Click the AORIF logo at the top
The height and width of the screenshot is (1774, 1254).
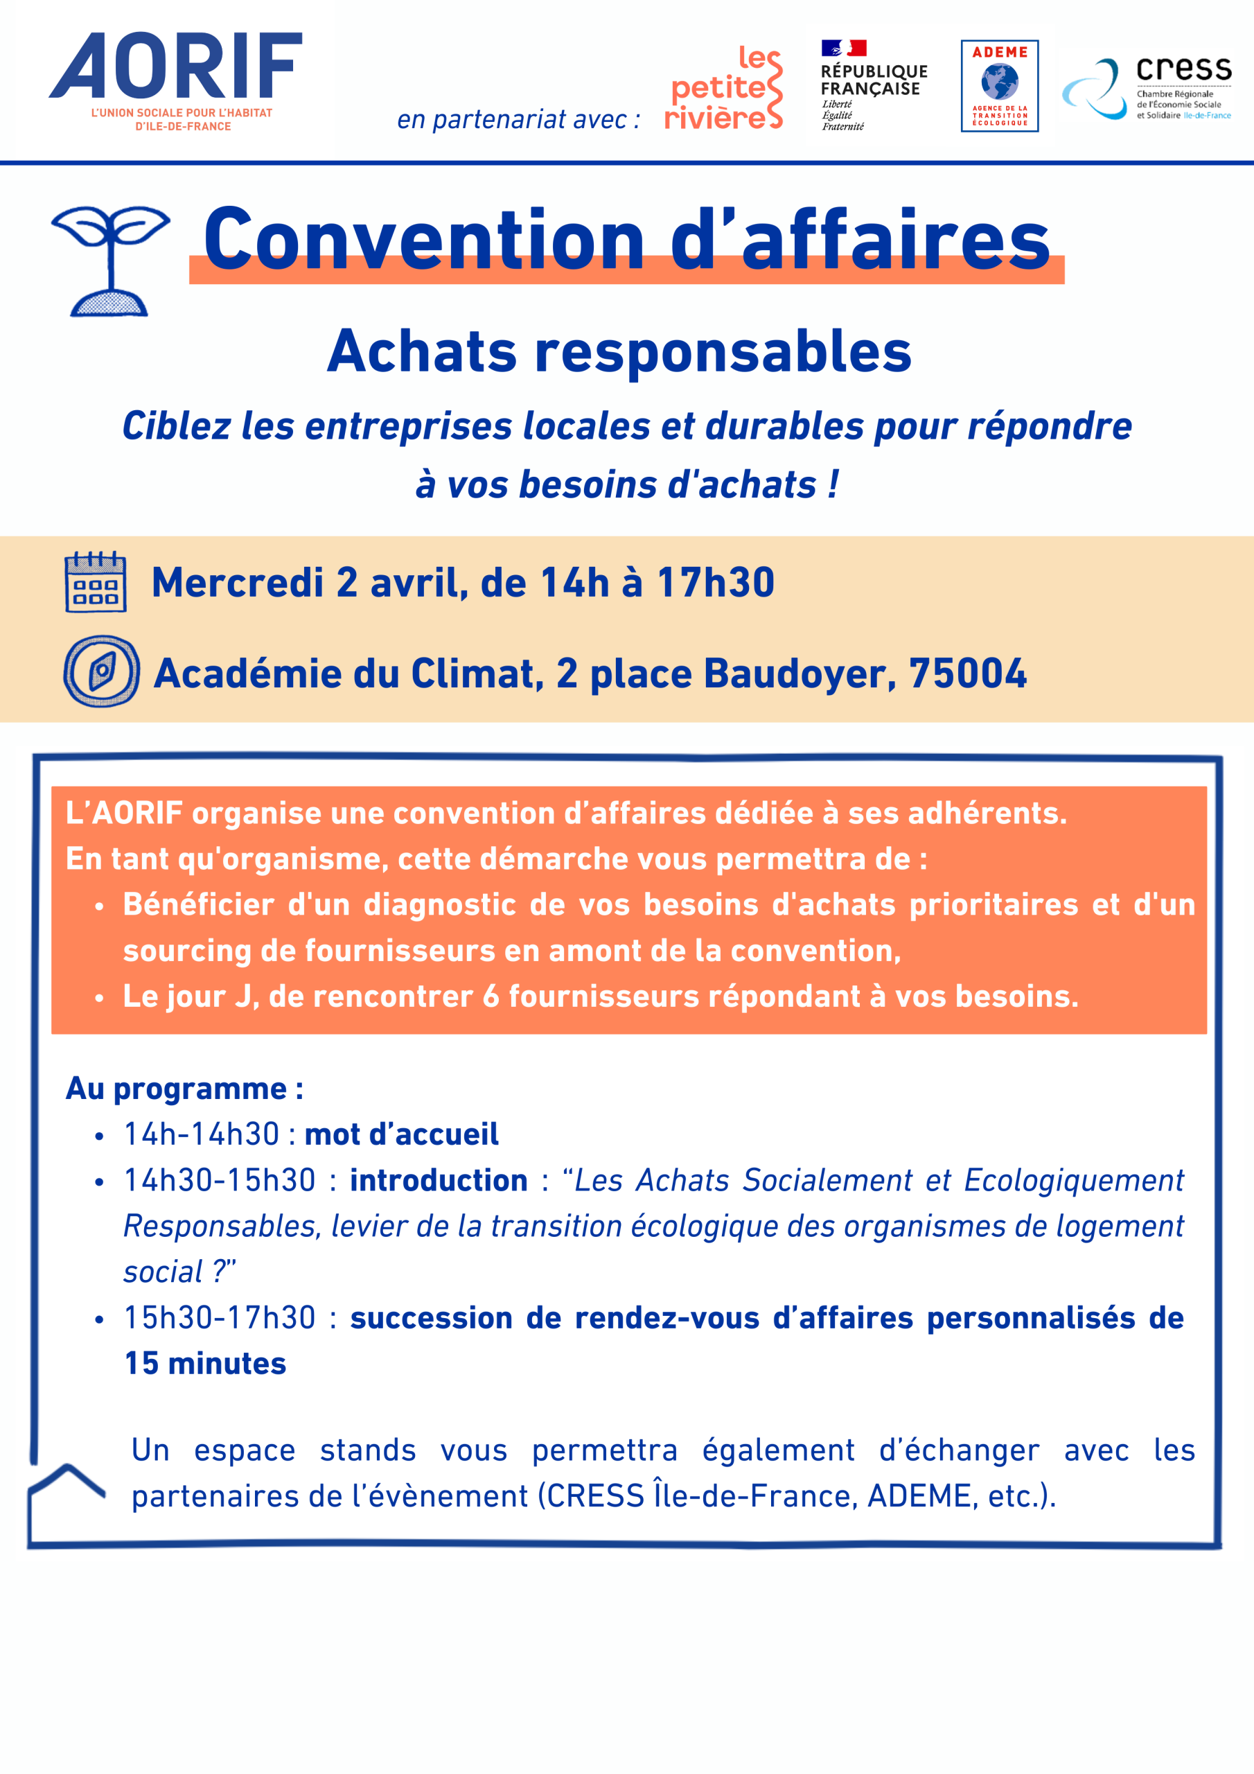click(176, 80)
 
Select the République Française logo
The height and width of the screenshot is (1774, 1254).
click(872, 85)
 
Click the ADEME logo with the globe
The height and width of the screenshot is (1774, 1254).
click(999, 86)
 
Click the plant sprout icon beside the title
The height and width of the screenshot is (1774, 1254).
click(110, 261)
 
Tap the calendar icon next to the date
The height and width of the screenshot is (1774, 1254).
click(96, 582)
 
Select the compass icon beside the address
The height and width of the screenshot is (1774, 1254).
click(101, 671)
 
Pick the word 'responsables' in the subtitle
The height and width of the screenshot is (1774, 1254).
click(723, 352)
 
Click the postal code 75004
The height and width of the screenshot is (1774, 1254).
click(967, 673)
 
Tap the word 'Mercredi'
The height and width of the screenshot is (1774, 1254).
click(237, 583)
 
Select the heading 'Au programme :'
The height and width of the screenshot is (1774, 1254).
click(184, 1088)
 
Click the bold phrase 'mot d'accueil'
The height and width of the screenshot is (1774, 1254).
click(401, 1134)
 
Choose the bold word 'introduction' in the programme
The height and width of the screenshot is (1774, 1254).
click(438, 1180)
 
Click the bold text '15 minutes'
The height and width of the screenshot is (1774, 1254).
click(205, 1364)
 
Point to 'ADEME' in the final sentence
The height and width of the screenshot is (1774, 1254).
click(919, 1496)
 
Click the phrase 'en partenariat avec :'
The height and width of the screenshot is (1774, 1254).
click(518, 120)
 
